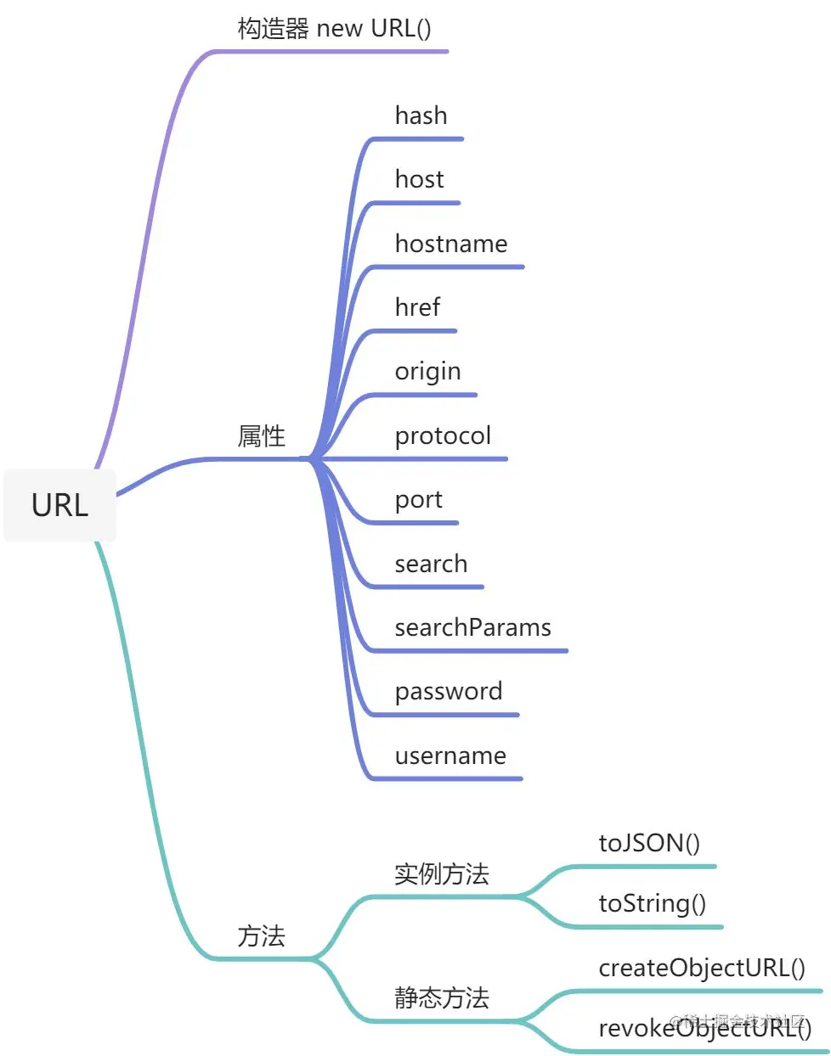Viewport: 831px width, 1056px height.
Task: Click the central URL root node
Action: [59, 505]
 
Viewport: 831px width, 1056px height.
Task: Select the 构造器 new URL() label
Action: [334, 28]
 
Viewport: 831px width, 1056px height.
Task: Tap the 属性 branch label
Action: [261, 436]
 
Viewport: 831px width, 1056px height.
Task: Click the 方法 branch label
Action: [261, 936]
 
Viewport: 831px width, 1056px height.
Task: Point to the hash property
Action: [421, 115]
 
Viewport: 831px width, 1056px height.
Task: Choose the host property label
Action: [419, 179]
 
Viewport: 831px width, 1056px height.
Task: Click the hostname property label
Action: [450, 244]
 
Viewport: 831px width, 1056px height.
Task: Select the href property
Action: [417, 307]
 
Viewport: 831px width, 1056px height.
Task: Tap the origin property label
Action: [427, 372]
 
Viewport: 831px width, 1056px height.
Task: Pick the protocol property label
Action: [443, 435]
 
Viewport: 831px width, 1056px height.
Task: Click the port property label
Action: [418, 500]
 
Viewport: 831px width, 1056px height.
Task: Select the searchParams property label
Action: [472, 627]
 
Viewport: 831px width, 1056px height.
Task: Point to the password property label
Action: [448, 691]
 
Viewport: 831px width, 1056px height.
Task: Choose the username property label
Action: [450, 755]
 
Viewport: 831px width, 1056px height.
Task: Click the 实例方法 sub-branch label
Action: [441, 873]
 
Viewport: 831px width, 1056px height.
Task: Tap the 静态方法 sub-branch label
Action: [441, 997]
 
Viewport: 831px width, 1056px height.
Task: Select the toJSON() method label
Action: [649, 843]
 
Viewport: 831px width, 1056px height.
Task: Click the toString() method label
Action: [652, 903]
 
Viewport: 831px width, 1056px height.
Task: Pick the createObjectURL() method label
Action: [702, 968]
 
